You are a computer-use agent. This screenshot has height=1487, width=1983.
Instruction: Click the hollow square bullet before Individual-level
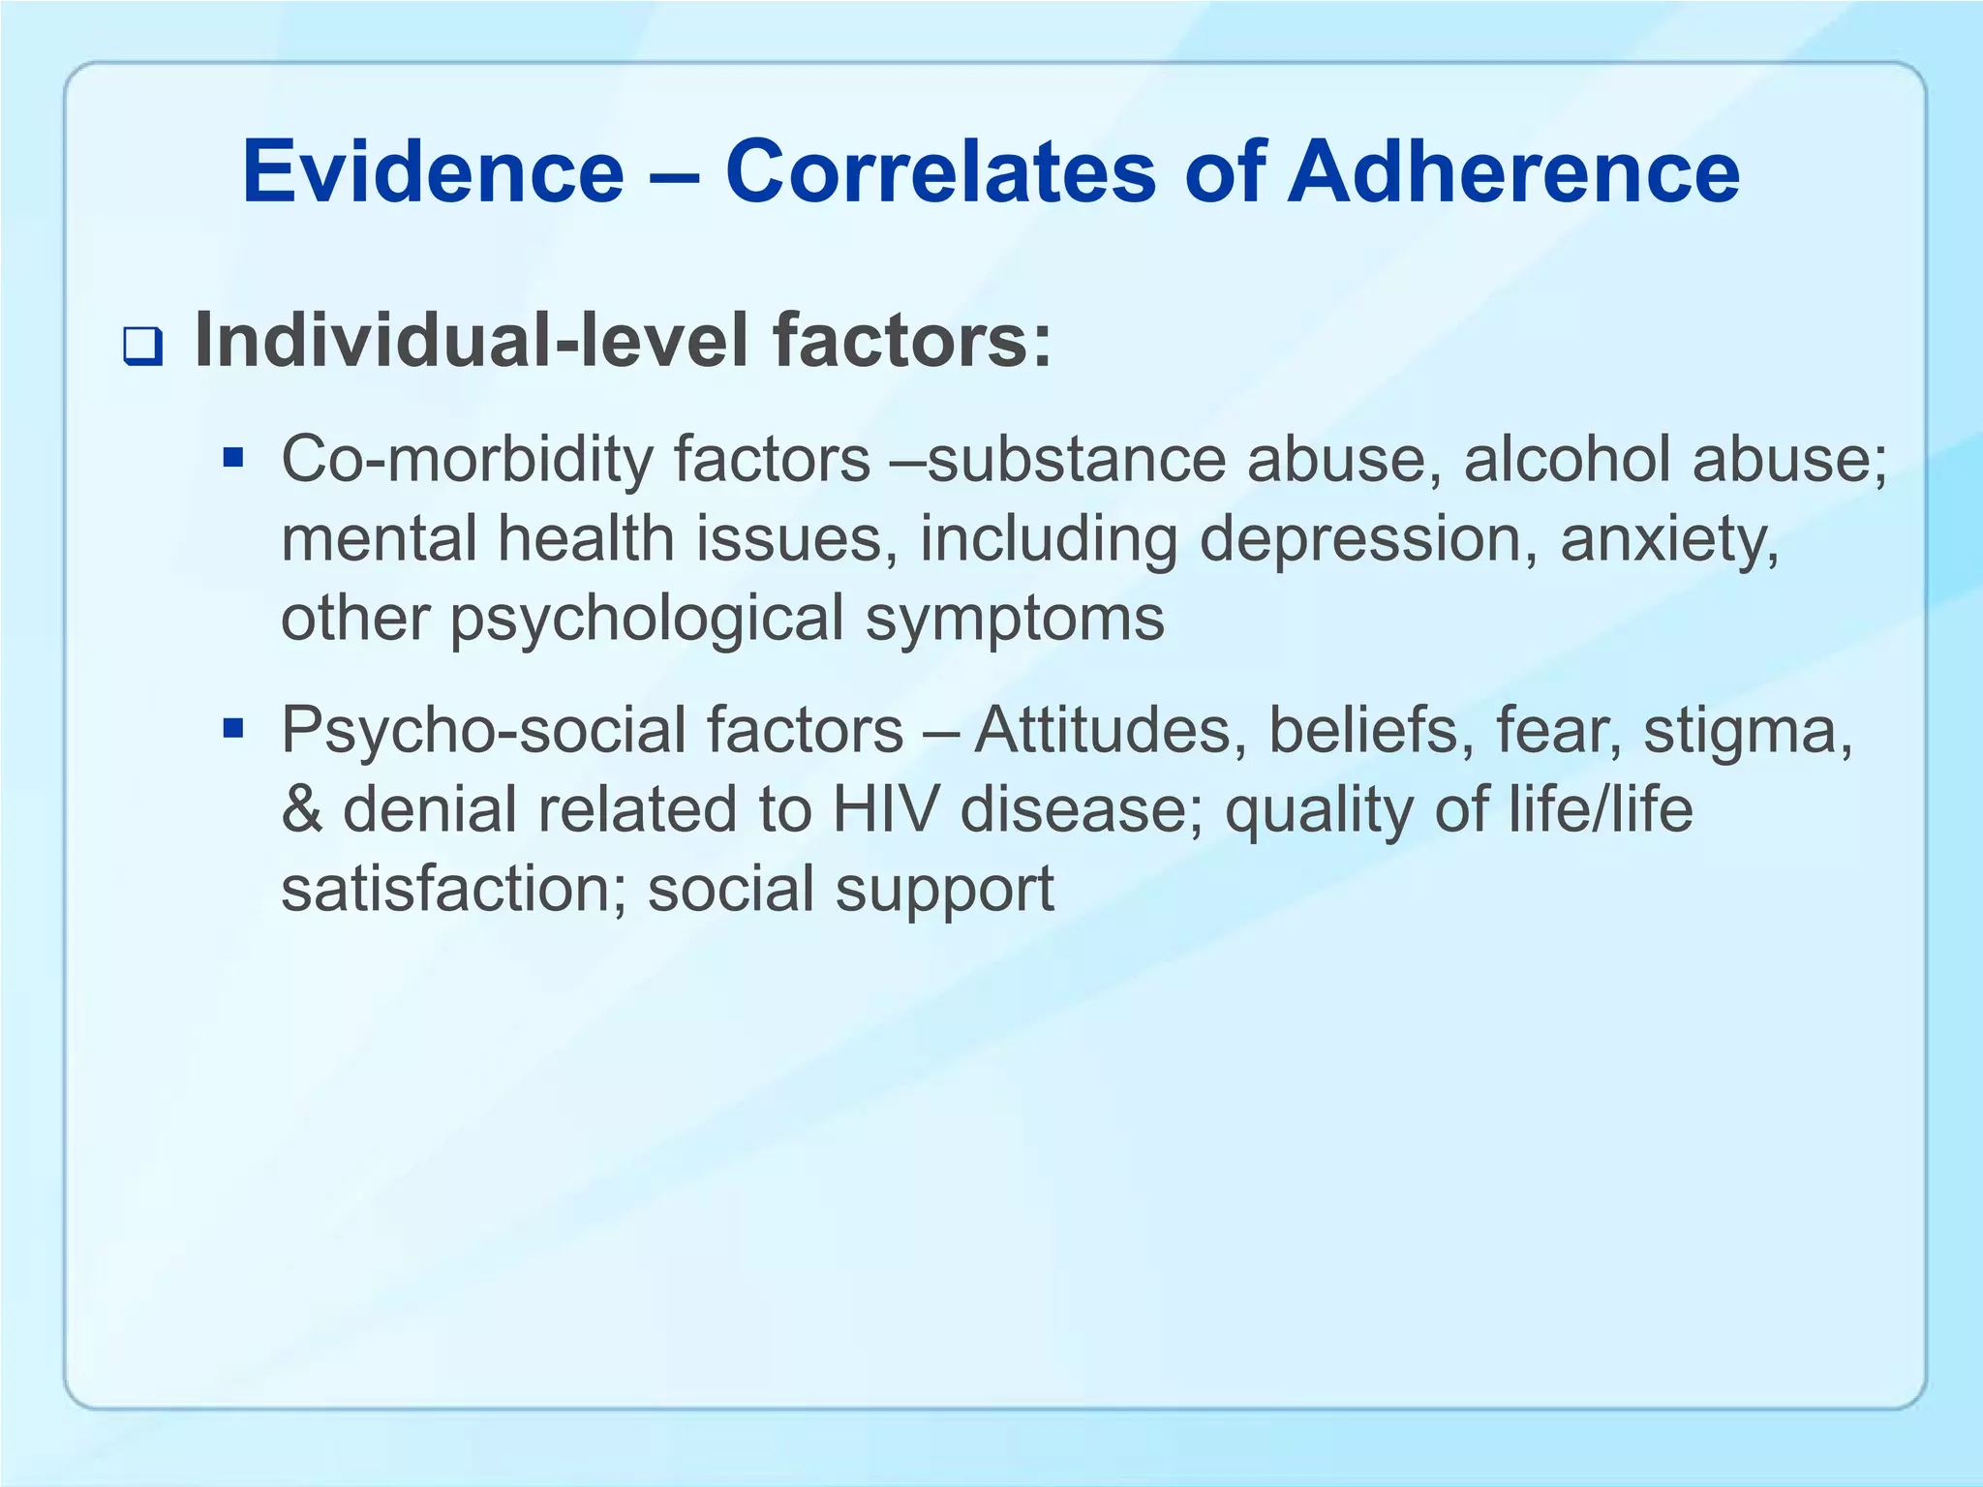pos(142,347)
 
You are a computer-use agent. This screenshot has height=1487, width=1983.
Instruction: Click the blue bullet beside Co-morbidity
pos(232,455)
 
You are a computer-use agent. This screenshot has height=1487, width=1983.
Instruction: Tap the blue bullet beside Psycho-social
pos(232,726)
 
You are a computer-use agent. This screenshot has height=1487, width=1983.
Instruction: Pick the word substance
pos(1077,459)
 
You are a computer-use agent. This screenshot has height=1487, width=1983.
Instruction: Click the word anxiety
pos(1669,540)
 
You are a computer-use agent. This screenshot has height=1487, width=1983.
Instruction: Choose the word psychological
pos(647,621)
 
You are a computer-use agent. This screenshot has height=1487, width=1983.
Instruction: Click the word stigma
pos(1748,732)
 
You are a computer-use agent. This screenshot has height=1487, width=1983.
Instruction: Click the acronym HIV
pos(885,809)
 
